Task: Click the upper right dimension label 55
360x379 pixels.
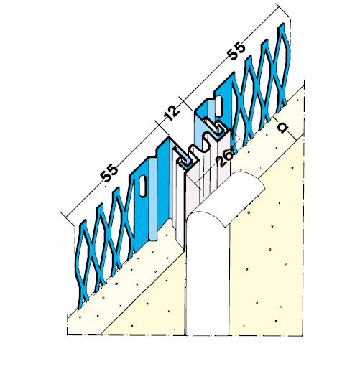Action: pos(236,51)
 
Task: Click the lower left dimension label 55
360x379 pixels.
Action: pos(109,172)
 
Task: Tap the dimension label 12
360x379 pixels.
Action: pos(172,113)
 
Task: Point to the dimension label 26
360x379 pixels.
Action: pos(225,159)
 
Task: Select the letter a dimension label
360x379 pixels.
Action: pos(282,127)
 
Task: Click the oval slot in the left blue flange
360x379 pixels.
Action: pos(143,186)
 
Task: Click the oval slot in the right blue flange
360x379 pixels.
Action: pos(218,105)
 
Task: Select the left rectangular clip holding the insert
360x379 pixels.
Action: pos(184,160)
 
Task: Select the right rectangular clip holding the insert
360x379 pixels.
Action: pos(216,128)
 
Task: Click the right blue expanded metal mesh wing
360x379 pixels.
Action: pos(262,85)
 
